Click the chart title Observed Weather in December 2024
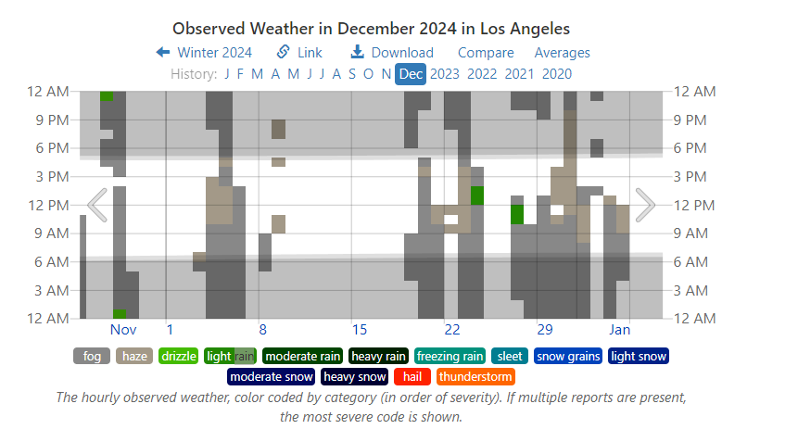click(x=371, y=30)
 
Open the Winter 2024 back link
click(x=204, y=53)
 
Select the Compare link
click(x=486, y=53)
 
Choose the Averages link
click(x=562, y=53)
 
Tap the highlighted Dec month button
click(x=411, y=74)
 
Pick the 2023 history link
click(x=445, y=74)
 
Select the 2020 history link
click(x=557, y=74)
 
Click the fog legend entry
click(x=92, y=356)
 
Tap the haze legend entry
click(x=134, y=356)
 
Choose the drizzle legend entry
click(x=178, y=356)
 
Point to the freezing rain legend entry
click(x=450, y=356)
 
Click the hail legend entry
click(x=412, y=377)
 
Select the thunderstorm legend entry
click(x=475, y=377)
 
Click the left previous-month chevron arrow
click(x=96, y=205)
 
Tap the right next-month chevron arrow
click(x=645, y=205)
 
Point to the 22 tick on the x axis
click(x=451, y=330)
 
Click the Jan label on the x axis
click(x=620, y=330)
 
